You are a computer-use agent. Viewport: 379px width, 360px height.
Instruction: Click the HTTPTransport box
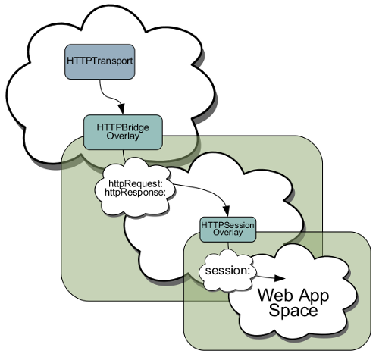pyautogui.click(x=100, y=62)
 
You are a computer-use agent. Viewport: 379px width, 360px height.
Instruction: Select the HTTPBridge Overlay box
pyautogui.click(x=123, y=132)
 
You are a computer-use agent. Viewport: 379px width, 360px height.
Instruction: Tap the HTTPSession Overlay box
pyautogui.click(x=228, y=229)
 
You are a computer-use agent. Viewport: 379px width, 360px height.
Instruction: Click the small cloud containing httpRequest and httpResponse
pyautogui.click(x=135, y=187)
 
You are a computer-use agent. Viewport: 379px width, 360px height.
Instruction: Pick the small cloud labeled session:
pyautogui.click(x=227, y=271)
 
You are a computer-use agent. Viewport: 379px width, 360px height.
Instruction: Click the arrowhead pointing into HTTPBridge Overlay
pyautogui.click(x=122, y=109)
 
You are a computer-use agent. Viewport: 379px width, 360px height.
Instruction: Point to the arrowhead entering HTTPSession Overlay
pyautogui.click(x=227, y=211)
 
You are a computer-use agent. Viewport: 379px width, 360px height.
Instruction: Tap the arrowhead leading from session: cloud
pyautogui.click(x=280, y=278)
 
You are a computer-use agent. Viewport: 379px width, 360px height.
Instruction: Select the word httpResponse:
pyautogui.click(x=135, y=193)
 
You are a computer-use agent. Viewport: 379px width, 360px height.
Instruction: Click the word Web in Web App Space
pyautogui.click(x=274, y=295)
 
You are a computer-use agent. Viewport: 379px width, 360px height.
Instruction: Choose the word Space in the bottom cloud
pyautogui.click(x=293, y=311)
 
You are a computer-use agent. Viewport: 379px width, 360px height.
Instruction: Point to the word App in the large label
pyautogui.click(x=312, y=296)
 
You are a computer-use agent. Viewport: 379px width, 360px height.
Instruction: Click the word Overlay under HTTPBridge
pyautogui.click(x=123, y=136)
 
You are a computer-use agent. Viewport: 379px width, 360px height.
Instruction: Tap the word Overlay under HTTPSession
pyautogui.click(x=228, y=233)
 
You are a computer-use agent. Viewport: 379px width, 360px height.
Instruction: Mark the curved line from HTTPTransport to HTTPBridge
pyautogui.click(x=107, y=95)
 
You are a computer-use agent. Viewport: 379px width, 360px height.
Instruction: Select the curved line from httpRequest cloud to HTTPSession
pyautogui.click(x=211, y=191)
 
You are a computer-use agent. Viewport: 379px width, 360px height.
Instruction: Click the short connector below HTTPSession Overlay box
pyautogui.click(x=228, y=246)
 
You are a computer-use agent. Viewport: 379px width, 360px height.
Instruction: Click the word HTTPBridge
pyautogui.click(x=123, y=127)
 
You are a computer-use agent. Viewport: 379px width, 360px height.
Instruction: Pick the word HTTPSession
pyautogui.click(x=228, y=225)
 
